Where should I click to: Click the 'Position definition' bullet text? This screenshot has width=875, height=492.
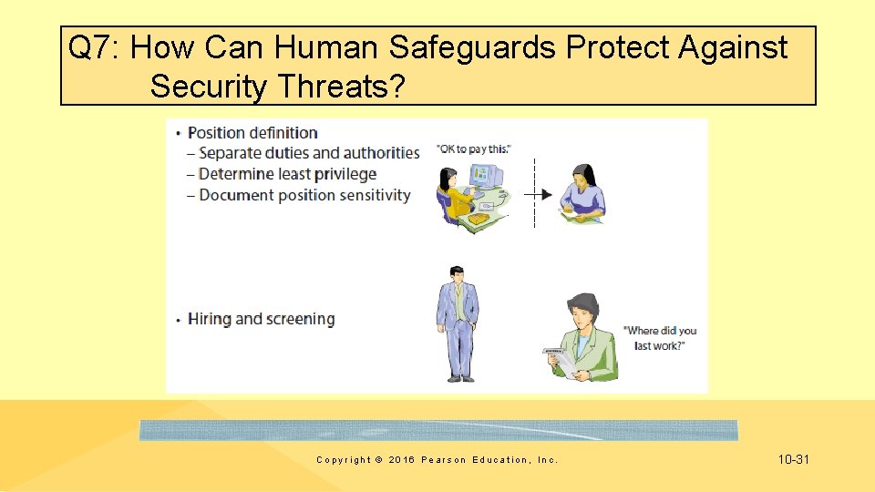point(252,133)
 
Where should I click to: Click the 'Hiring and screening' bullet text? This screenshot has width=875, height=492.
point(261,319)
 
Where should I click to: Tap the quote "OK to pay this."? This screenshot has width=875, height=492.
point(474,149)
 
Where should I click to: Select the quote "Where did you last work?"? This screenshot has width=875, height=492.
point(659,338)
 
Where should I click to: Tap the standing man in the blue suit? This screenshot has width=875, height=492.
point(458,323)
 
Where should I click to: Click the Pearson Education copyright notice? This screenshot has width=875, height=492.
point(437,460)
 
